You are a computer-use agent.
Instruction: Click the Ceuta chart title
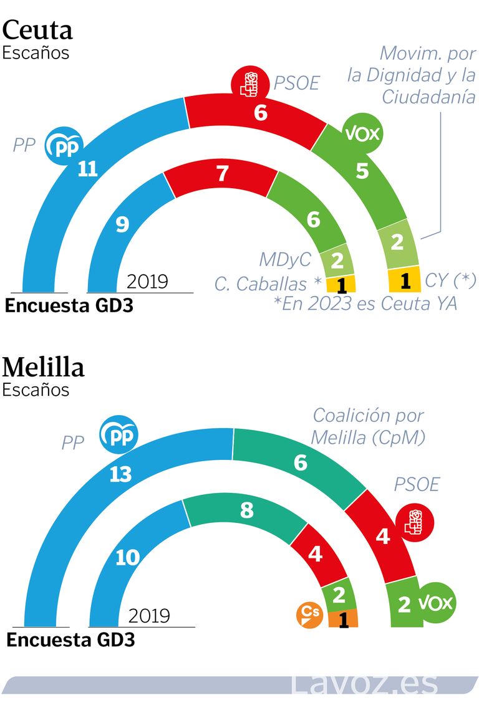point(38,29)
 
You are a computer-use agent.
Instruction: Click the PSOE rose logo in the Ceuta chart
point(250,84)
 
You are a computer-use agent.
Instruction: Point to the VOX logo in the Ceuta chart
point(362,133)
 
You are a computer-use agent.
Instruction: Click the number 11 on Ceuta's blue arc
point(88,169)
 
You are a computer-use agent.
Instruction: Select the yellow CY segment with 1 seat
point(404,281)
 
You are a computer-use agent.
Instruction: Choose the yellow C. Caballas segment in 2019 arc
point(341,284)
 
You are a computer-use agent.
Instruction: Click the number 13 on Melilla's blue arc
point(120,474)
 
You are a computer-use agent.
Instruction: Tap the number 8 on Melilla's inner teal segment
point(247,511)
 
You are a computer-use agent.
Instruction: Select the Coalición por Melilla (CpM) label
point(368,426)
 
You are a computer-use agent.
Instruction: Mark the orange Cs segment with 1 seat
point(343,619)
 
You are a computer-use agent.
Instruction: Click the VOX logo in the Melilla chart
point(435,603)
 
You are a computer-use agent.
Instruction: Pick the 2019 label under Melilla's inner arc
point(149,616)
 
